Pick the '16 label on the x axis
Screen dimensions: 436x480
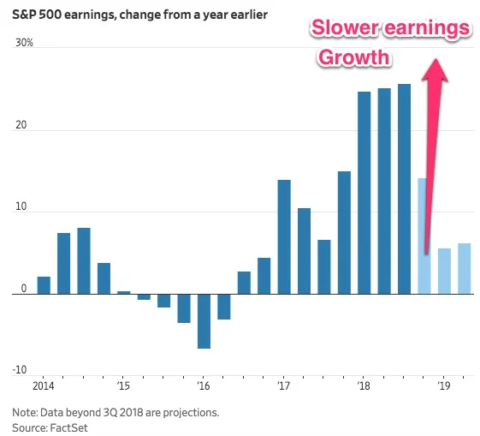pyautogui.click(x=203, y=387)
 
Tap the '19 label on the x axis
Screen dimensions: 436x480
pyautogui.click(x=444, y=387)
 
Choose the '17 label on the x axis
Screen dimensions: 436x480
pyautogui.click(x=284, y=387)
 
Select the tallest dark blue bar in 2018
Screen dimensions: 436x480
pyautogui.click(x=404, y=188)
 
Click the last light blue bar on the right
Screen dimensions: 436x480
pyautogui.click(x=464, y=268)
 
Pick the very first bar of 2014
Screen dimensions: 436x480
pyautogui.click(x=44, y=284)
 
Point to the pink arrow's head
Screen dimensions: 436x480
pyautogui.click(x=438, y=69)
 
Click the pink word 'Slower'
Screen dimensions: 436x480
pyautogui.click(x=346, y=28)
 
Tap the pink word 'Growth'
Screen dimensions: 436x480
pyautogui.click(x=354, y=58)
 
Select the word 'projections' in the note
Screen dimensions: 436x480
pyautogui.click(x=189, y=412)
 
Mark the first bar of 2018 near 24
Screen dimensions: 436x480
pyautogui.click(x=364, y=192)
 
